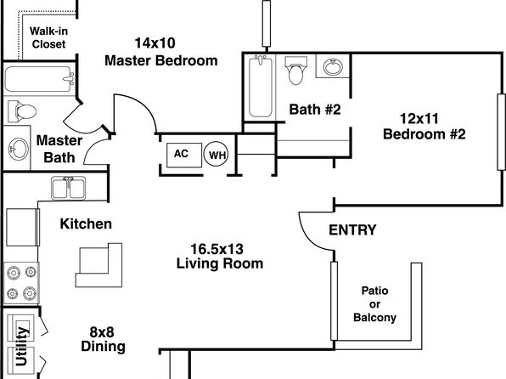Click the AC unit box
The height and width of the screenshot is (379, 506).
(x=184, y=155)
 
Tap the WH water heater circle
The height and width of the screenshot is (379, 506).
(x=216, y=154)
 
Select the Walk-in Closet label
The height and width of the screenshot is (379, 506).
(x=48, y=37)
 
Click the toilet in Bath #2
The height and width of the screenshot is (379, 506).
(x=296, y=71)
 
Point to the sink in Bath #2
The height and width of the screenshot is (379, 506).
(x=333, y=66)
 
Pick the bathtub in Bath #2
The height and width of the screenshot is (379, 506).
(x=261, y=87)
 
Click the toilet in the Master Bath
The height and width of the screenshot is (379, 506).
(x=21, y=111)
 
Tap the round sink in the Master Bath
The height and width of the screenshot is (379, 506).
(x=18, y=149)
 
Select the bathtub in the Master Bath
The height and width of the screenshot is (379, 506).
(x=39, y=79)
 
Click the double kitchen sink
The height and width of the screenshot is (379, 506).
(x=69, y=188)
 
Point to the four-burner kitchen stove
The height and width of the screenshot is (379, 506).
(x=21, y=283)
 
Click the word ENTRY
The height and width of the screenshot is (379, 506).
(x=352, y=230)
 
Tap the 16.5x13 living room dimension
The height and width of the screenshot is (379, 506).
(x=216, y=249)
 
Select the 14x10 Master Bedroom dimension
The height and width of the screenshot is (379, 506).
(x=155, y=43)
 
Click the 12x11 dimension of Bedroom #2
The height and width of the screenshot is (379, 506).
(x=419, y=119)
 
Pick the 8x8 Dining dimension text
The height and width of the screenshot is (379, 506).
(x=102, y=331)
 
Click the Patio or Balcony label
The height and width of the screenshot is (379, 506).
(x=374, y=304)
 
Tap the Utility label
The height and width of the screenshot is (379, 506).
(x=21, y=346)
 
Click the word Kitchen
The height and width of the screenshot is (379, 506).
(x=86, y=223)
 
